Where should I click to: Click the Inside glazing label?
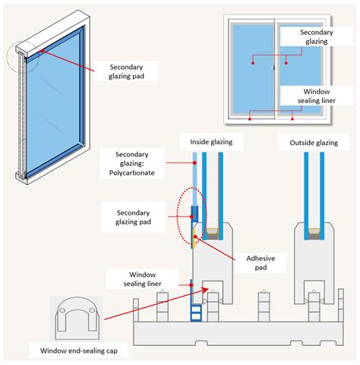(x=211, y=142)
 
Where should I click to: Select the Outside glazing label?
(x=314, y=143)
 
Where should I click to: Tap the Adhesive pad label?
(x=261, y=263)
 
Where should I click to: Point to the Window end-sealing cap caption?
(x=79, y=351)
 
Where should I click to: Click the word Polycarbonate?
(x=132, y=173)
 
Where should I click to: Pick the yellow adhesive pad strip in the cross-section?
(x=194, y=238)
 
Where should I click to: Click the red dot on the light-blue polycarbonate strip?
(x=194, y=163)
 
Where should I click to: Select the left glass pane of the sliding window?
(x=253, y=69)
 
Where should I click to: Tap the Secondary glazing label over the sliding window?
(x=316, y=36)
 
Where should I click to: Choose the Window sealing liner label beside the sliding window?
(x=317, y=96)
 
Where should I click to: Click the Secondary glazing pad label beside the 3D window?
(x=126, y=71)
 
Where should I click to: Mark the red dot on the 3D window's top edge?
(x=43, y=51)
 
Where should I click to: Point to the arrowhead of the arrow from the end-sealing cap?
(x=207, y=288)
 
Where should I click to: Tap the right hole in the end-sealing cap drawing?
(x=92, y=310)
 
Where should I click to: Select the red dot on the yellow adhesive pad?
(x=195, y=237)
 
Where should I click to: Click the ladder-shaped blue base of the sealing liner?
(x=196, y=313)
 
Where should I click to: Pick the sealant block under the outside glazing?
(x=314, y=234)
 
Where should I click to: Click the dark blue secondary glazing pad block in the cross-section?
(x=194, y=214)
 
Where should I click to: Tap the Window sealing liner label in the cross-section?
(x=142, y=279)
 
